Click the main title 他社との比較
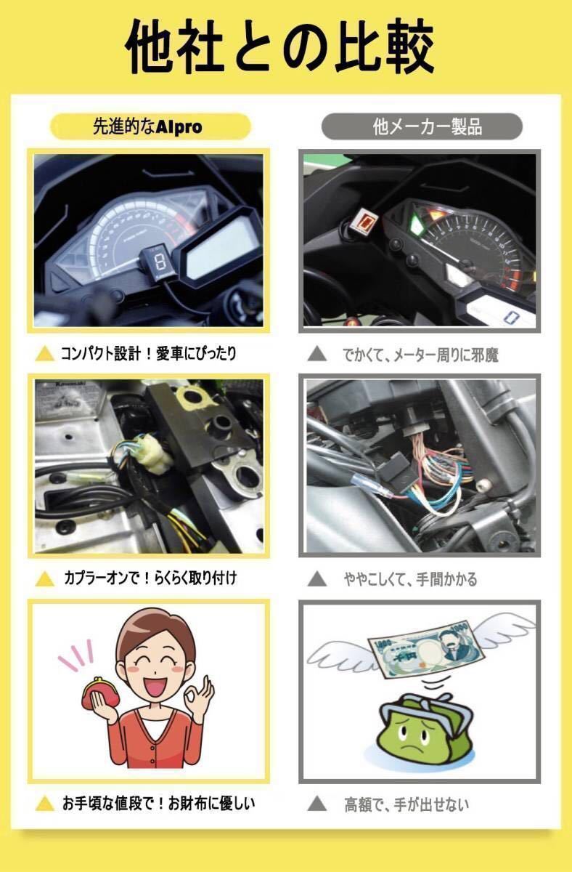[x=279, y=47]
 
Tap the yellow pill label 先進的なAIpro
[x=150, y=126]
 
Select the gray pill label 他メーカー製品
[x=422, y=126]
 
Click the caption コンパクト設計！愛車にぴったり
[x=149, y=353]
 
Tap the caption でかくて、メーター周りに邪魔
[x=420, y=355]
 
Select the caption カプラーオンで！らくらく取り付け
[x=150, y=578]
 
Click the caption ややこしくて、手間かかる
[x=410, y=579]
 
